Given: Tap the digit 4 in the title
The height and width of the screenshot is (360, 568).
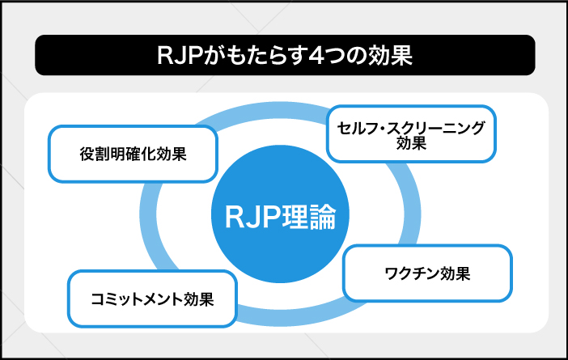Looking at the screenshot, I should tap(319, 57).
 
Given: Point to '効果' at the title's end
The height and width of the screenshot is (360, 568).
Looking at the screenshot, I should tap(392, 57).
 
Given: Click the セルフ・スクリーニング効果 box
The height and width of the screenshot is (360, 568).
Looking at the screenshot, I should tap(411, 134).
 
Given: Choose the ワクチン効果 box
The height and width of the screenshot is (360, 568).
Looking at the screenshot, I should tap(428, 273).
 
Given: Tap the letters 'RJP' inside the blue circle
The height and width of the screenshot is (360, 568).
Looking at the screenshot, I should tap(250, 217).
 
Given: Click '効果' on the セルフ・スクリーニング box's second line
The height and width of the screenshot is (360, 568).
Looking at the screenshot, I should tap(411, 145).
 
